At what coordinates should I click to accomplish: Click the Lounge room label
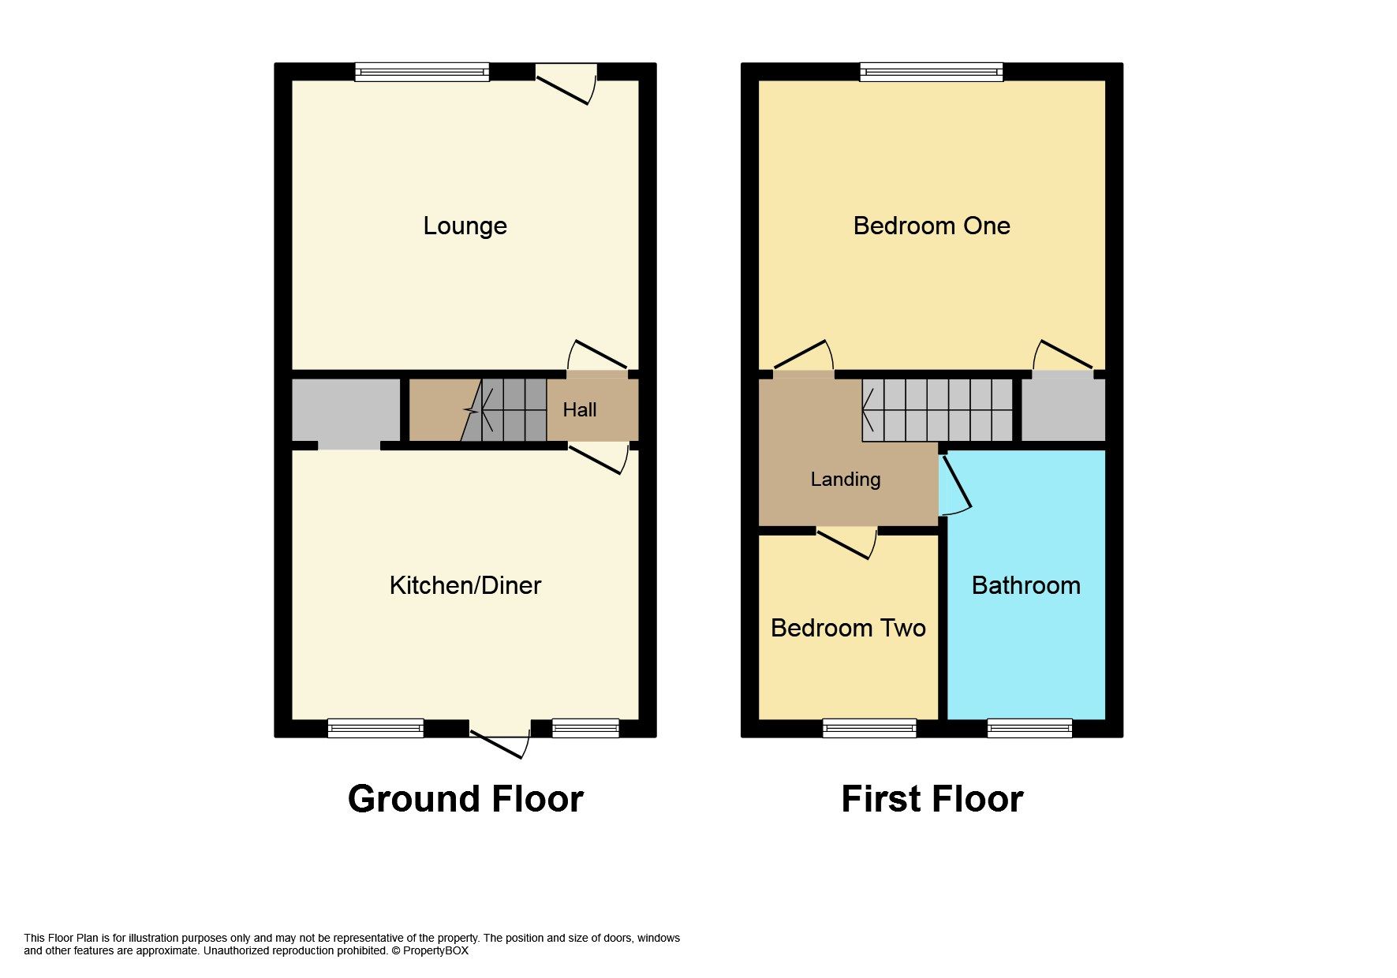pyautogui.click(x=465, y=226)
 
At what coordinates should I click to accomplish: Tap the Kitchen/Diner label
pyautogui.click(x=465, y=585)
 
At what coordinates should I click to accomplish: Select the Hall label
pyautogui.click(x=580, y=410)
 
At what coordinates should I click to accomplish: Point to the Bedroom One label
pyautogui.click(x=932, y=226)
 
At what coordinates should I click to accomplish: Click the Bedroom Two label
pyautogui.click(x=848, y=628)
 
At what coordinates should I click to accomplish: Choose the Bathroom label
pyautogui.click(x=1026, y=585)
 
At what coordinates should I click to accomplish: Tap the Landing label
pyautogui.click(x=846, y=480)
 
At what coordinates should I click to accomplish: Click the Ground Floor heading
pyautogui.click(x=465, y=799)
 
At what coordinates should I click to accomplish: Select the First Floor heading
pyautogui.click(x=932, y=799)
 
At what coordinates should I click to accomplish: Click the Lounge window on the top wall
pyautogui.click(x=422, y=73)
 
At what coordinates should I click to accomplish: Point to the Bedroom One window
pyautogui.click(x=932, y=73)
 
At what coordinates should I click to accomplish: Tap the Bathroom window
pyautogui.click(x=1030, y=728)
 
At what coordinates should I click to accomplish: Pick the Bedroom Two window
pyautogui.click(x=869, y=728)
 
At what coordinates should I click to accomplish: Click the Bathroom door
pyautogui.click(x=955, y=485)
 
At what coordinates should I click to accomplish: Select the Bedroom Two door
pyautogui.click(x=847, y=543)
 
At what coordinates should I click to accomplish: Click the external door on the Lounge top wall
pyautogui.click(x=566, y=84)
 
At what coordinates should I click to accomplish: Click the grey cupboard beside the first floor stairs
pyautogui.click(x=1063, y=410)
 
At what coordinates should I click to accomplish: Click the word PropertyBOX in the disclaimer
pyautogui.click(x=435, y=951)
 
